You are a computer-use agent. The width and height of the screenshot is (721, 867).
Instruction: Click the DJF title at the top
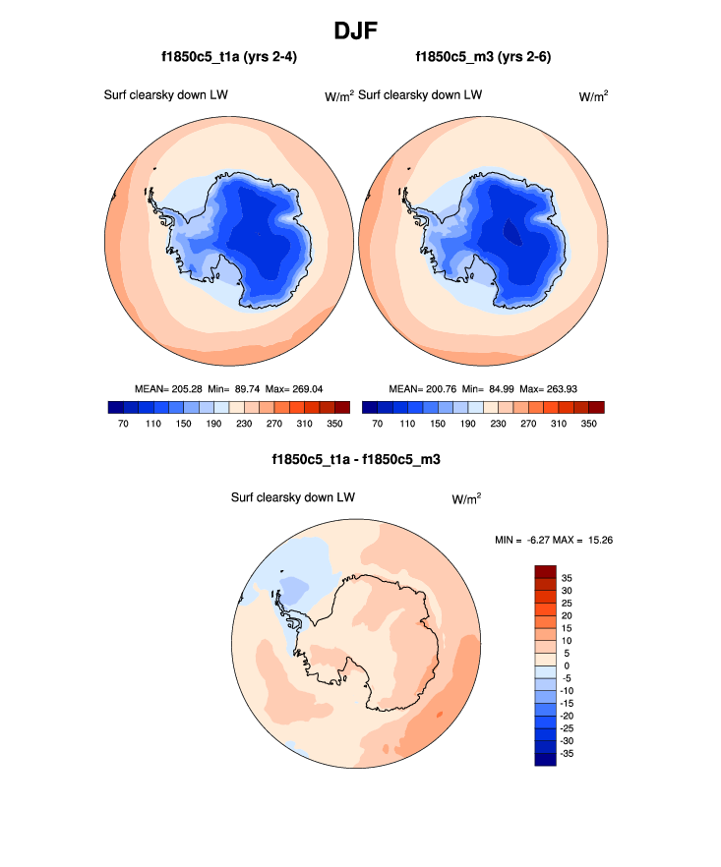coord(360,30)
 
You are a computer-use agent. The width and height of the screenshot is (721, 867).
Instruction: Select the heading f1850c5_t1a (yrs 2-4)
coord(230,58)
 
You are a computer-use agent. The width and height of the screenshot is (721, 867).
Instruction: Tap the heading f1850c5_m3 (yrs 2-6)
coord(483,58)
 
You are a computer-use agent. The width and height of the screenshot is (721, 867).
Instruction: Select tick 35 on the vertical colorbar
coord(567,578)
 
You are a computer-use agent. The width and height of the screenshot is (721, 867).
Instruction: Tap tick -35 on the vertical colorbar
coord(569,753)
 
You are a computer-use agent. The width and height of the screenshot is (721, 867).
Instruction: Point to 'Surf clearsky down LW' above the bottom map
coord(292,497)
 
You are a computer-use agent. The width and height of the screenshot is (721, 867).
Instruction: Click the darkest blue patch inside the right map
coord(511,232)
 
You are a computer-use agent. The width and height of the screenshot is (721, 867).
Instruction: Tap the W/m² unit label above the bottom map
coord(466,498)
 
